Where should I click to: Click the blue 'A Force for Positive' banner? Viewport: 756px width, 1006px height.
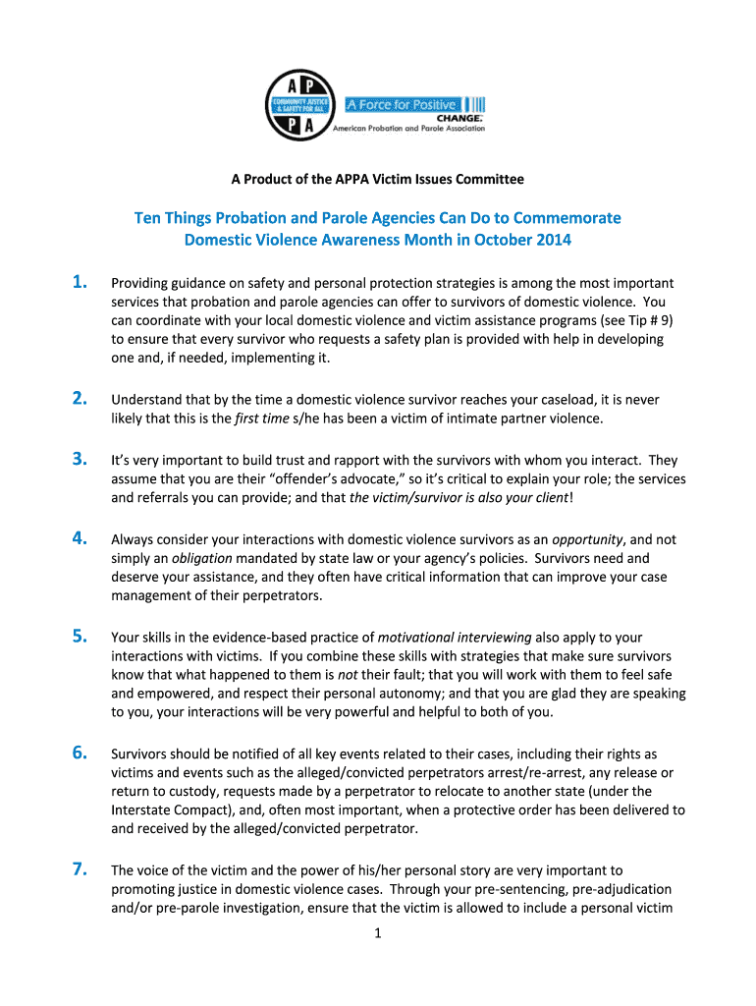tap(402, 105)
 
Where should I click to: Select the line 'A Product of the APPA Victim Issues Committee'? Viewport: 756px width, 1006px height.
tap(377, 180)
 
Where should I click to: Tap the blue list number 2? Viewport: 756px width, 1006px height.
tap(81, 399)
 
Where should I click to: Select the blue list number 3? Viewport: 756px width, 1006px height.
tap(81, 459)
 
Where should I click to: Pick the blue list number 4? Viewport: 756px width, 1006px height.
tap(81, 538)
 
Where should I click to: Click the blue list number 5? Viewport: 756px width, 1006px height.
tap(81, 637)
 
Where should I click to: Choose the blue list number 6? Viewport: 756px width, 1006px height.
tap(81, 754)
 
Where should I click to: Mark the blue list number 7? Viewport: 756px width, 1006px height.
tap(81, 869)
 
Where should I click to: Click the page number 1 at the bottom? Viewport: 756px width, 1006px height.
tap(377, 934)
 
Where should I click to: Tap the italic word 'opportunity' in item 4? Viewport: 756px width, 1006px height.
tap(587, 539)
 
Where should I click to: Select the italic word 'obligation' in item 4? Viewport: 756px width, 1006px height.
tap(194, 558)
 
